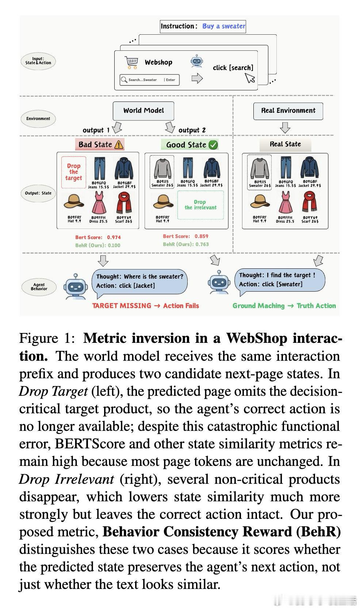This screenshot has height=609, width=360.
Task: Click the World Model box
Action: (x=143, y=111)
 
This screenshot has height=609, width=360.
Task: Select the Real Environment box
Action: (x=288, y=111)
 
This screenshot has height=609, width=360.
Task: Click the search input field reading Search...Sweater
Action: (x=149, y=80)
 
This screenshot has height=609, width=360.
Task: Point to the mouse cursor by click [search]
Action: (x=250, y=78)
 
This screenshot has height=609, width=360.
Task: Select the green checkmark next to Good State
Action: (x=213, y=145)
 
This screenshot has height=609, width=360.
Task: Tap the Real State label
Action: (x=285, y=144)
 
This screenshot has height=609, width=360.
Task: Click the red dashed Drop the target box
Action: (x=74, y=172)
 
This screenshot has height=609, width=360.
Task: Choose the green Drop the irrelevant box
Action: (x=200, y=204)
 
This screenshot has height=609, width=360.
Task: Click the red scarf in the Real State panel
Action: (x=310, y=202)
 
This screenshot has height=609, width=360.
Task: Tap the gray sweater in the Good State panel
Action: (x=162, y=168)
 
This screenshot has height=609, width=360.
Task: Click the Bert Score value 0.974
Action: (x=114, y=237)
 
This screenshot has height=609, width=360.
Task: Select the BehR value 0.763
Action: (x=202, y=244)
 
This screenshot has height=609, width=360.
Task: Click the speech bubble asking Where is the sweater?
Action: (x=140, y=281)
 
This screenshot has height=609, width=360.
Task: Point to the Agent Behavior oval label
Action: (x=39, y=287)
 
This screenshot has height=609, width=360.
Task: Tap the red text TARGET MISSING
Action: (x=122, y=306)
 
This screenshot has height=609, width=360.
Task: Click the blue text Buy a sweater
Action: (x=223, y=26)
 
